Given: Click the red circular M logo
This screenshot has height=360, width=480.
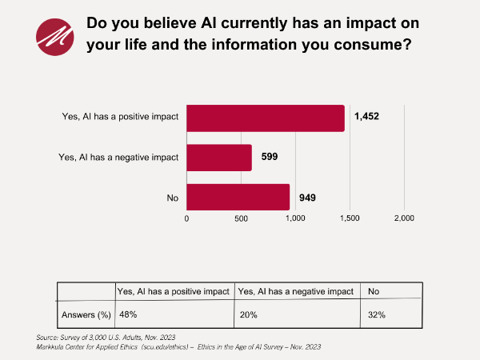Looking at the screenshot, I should [54, 34].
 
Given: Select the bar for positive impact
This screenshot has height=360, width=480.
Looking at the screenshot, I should [265, 118].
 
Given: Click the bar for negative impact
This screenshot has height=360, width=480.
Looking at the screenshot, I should [219, 158].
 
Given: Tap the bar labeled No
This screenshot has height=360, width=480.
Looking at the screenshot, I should [238, 197].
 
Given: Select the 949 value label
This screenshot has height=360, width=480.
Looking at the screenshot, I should [307, 197].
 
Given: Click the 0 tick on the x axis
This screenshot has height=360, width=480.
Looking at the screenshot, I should [186, 218].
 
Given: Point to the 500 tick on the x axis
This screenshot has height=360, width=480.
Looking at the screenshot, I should [241, 218].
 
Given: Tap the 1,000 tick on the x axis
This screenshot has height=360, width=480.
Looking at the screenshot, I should [295, 218].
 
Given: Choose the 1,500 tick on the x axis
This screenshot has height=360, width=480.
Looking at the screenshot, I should [350, 218].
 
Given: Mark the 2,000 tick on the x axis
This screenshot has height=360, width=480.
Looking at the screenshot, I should [404, 218].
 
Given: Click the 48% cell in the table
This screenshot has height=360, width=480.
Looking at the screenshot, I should [126, 315].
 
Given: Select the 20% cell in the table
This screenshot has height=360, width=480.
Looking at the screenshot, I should [249, 315].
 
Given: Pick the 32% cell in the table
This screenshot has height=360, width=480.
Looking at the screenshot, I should [377, 315].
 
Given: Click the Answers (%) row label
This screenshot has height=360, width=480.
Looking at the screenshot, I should [86, 315].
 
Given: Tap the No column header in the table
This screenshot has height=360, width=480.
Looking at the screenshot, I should [372, 291].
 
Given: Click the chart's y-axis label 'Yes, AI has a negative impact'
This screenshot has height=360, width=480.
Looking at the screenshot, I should [118, 158].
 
